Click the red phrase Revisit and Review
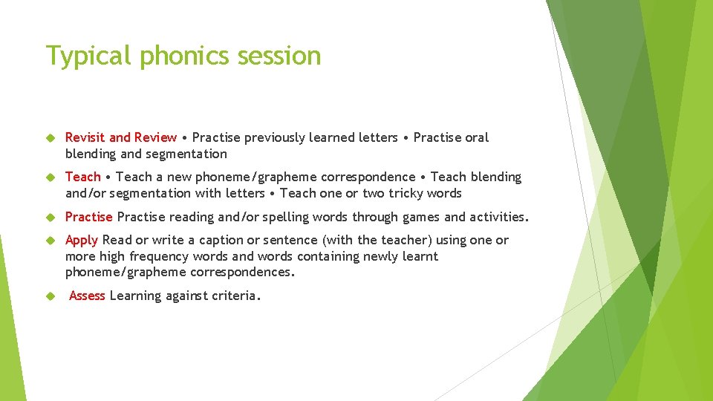121,137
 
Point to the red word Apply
82,240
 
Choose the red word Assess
87,296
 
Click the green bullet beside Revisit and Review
51,138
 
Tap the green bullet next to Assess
51,296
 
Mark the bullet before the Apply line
51,241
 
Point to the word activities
498,217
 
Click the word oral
476,137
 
